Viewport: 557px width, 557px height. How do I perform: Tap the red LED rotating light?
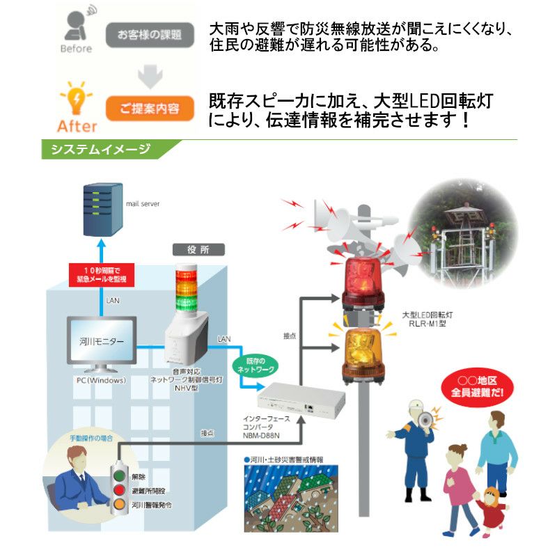pyautogui.click(x=361, y=276)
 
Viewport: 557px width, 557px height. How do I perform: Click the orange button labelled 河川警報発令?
pyautogui.click(x=120, y=503)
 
